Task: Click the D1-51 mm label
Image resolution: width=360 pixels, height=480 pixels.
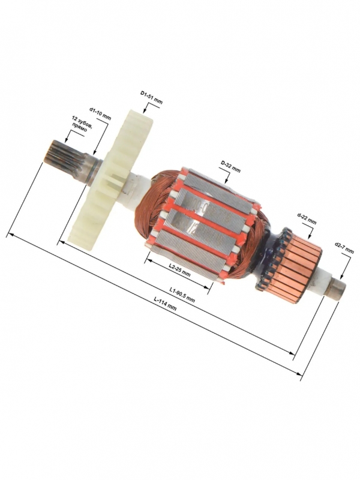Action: point(151,97)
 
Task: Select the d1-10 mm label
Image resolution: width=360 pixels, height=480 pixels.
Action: point(100,113)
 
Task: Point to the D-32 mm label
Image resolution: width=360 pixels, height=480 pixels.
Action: point(230,166)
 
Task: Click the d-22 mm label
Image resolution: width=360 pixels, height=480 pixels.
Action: point(307,218)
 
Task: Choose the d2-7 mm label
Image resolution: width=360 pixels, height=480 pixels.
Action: point(344,248)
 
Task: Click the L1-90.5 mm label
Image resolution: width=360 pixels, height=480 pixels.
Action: point(182,294)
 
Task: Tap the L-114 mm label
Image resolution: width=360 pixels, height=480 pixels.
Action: point(166,304)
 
